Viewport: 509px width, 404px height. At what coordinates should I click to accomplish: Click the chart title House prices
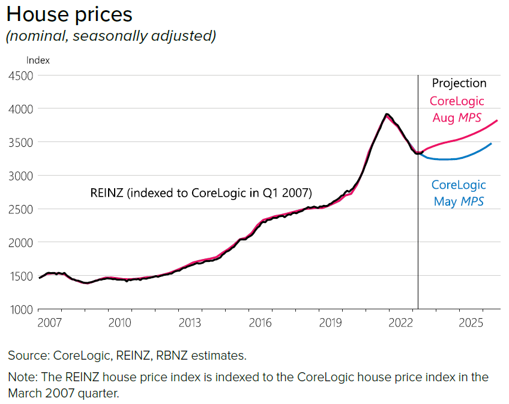tap(69, 14)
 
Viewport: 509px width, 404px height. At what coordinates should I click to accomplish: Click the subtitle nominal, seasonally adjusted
tap(110, 36)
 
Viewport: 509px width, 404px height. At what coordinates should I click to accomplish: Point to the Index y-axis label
tap(38, 60)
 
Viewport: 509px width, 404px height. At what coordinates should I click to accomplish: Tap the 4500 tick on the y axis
tap(20, 76)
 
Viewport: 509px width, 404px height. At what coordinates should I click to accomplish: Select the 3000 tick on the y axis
tap(20, 176)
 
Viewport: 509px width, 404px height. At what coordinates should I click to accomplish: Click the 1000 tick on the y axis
tap(20, 309)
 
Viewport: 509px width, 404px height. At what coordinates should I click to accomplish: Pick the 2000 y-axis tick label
tap(20, 243)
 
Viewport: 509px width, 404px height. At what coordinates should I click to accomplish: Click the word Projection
tap(459, 83)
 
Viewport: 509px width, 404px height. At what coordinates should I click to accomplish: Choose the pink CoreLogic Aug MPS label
tap(457, 109)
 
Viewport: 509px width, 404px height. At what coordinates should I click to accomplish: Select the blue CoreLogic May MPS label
tap(459, 193)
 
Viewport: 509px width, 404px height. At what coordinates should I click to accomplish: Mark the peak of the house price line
tap(387, 114)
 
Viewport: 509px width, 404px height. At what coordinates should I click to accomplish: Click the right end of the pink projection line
tap(498, 120)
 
